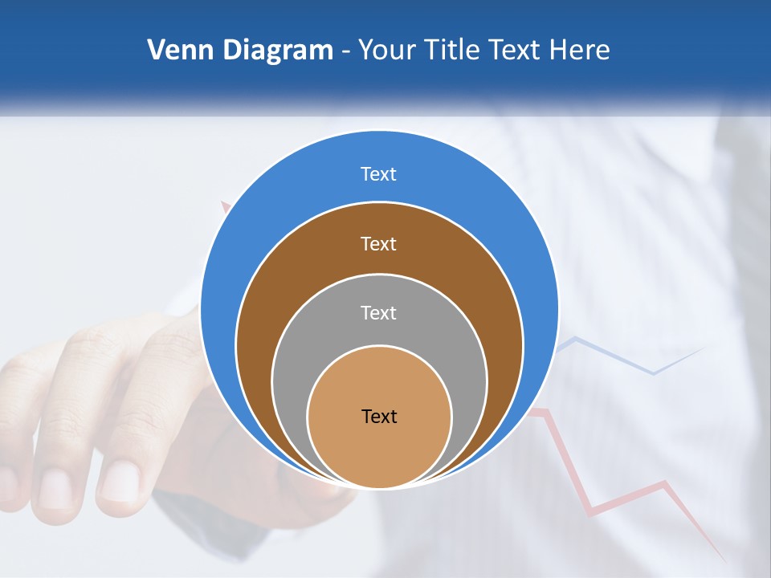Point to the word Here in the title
point(579,51)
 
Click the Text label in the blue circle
point(379,174)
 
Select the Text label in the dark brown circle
point(379,244)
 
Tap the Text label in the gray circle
point(379,313)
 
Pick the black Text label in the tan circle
point(379,417)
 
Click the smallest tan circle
point(379,450)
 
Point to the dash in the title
point(345,51)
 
